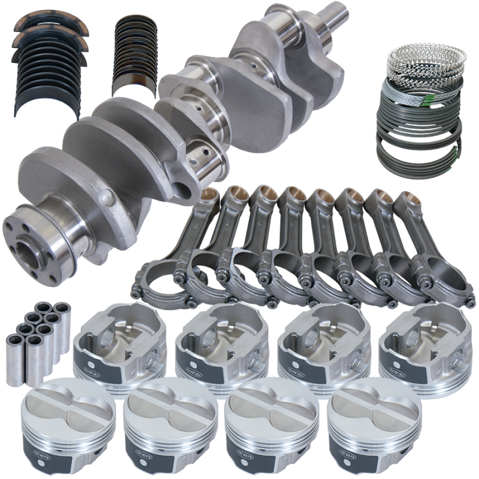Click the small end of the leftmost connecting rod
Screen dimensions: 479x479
210,198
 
